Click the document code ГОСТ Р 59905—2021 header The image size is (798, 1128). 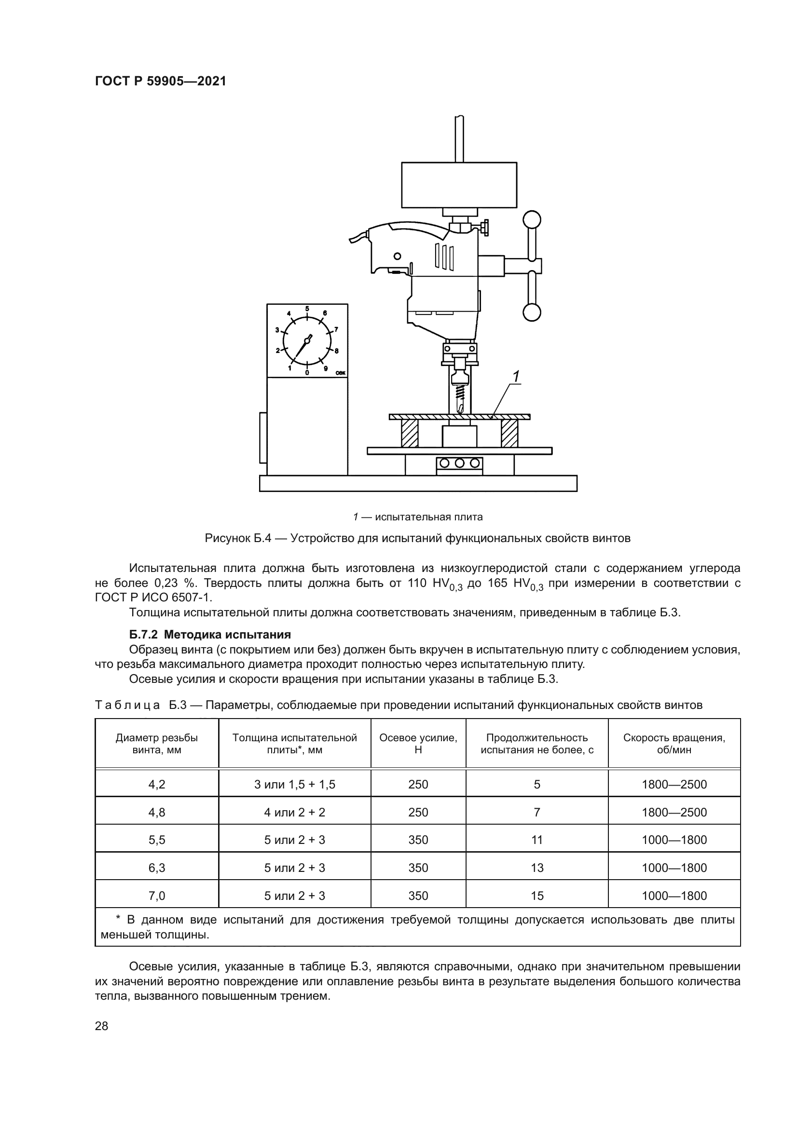160,82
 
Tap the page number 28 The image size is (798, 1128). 101,1026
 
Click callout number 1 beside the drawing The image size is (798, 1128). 516,377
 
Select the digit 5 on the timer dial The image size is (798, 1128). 307,309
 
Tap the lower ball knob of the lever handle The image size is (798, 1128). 532,312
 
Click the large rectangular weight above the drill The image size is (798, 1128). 459,185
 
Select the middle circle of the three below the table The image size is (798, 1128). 459,463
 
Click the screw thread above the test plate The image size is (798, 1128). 460,392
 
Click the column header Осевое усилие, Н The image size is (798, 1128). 418,743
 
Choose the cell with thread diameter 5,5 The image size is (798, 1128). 157,840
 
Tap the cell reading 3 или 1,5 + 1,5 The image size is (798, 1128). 295,784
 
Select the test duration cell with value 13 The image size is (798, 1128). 537,868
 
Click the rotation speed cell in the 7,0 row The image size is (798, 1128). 674,896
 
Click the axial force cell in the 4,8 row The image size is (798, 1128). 418,812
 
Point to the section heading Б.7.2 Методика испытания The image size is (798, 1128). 210,634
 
